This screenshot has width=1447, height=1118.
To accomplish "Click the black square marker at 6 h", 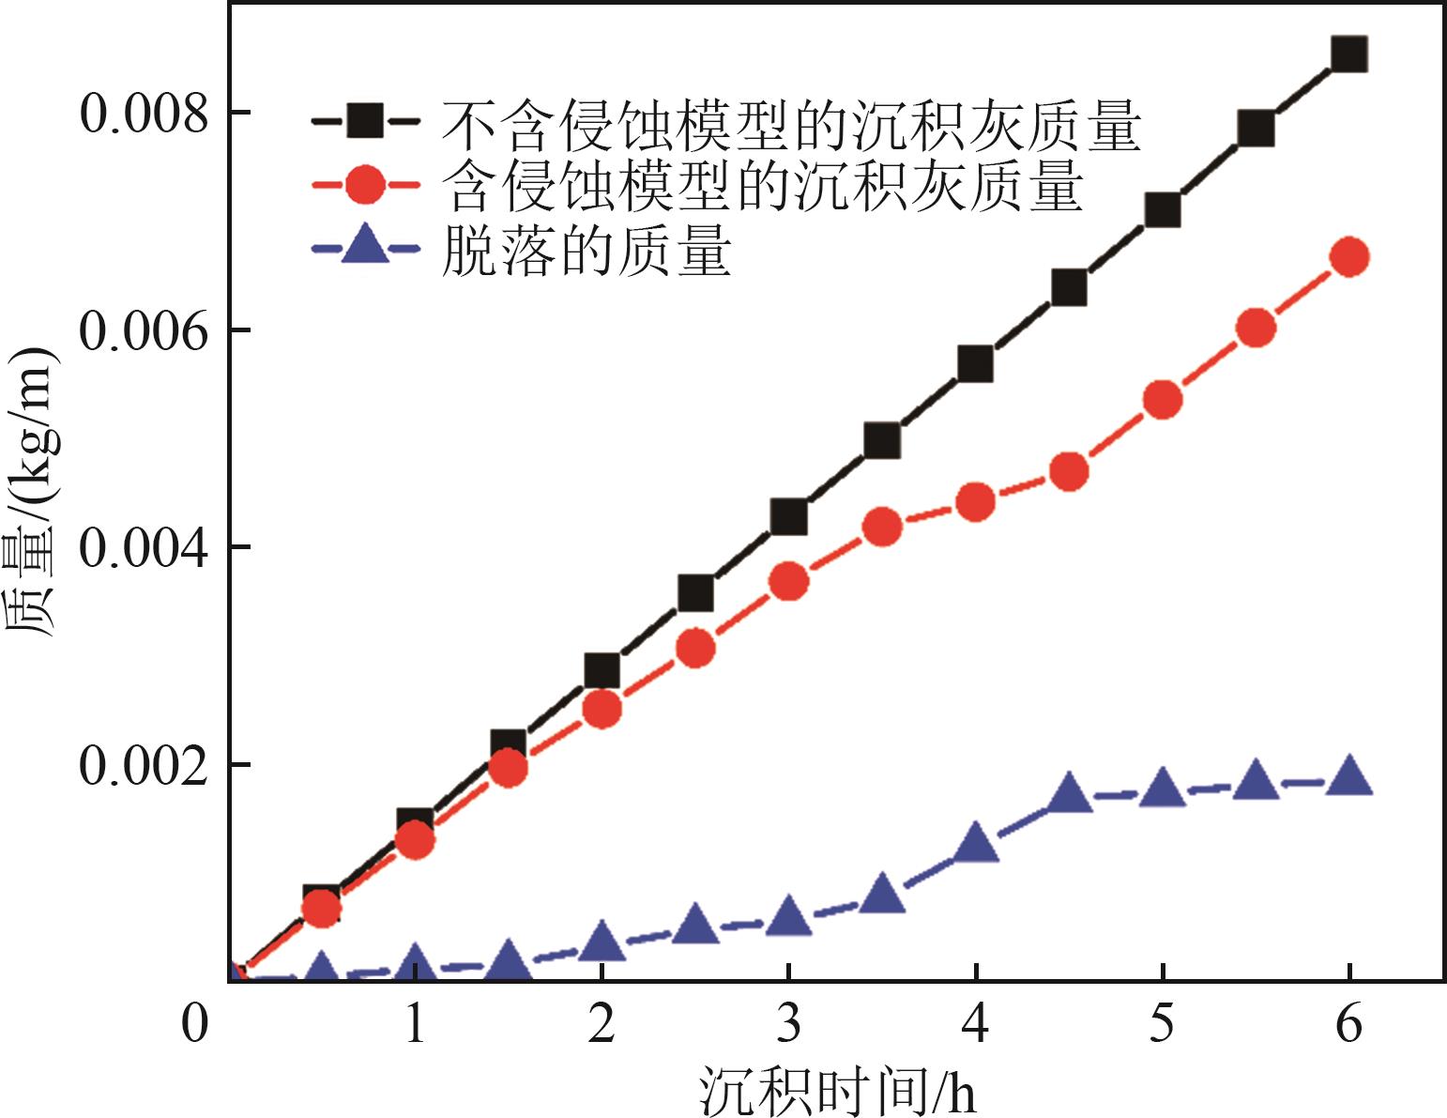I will (1349, 54).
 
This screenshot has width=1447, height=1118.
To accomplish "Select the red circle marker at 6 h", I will (1349, 257).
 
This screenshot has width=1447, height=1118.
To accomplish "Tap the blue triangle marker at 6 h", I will (1349, 776).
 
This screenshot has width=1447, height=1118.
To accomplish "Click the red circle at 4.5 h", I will (1069, 471).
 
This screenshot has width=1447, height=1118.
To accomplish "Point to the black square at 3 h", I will (788, 516).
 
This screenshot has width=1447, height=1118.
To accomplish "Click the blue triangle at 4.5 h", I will (1069, 794).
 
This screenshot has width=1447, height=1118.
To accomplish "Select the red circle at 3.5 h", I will (882, 528).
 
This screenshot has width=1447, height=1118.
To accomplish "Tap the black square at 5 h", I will (1163, 211).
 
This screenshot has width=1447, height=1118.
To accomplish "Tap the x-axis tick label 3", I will (788, 1024).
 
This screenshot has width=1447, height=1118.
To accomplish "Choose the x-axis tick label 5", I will (1163, 1024).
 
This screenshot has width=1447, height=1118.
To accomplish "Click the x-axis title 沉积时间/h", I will (837, 1090).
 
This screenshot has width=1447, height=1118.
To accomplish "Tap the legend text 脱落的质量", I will (586, 251).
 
